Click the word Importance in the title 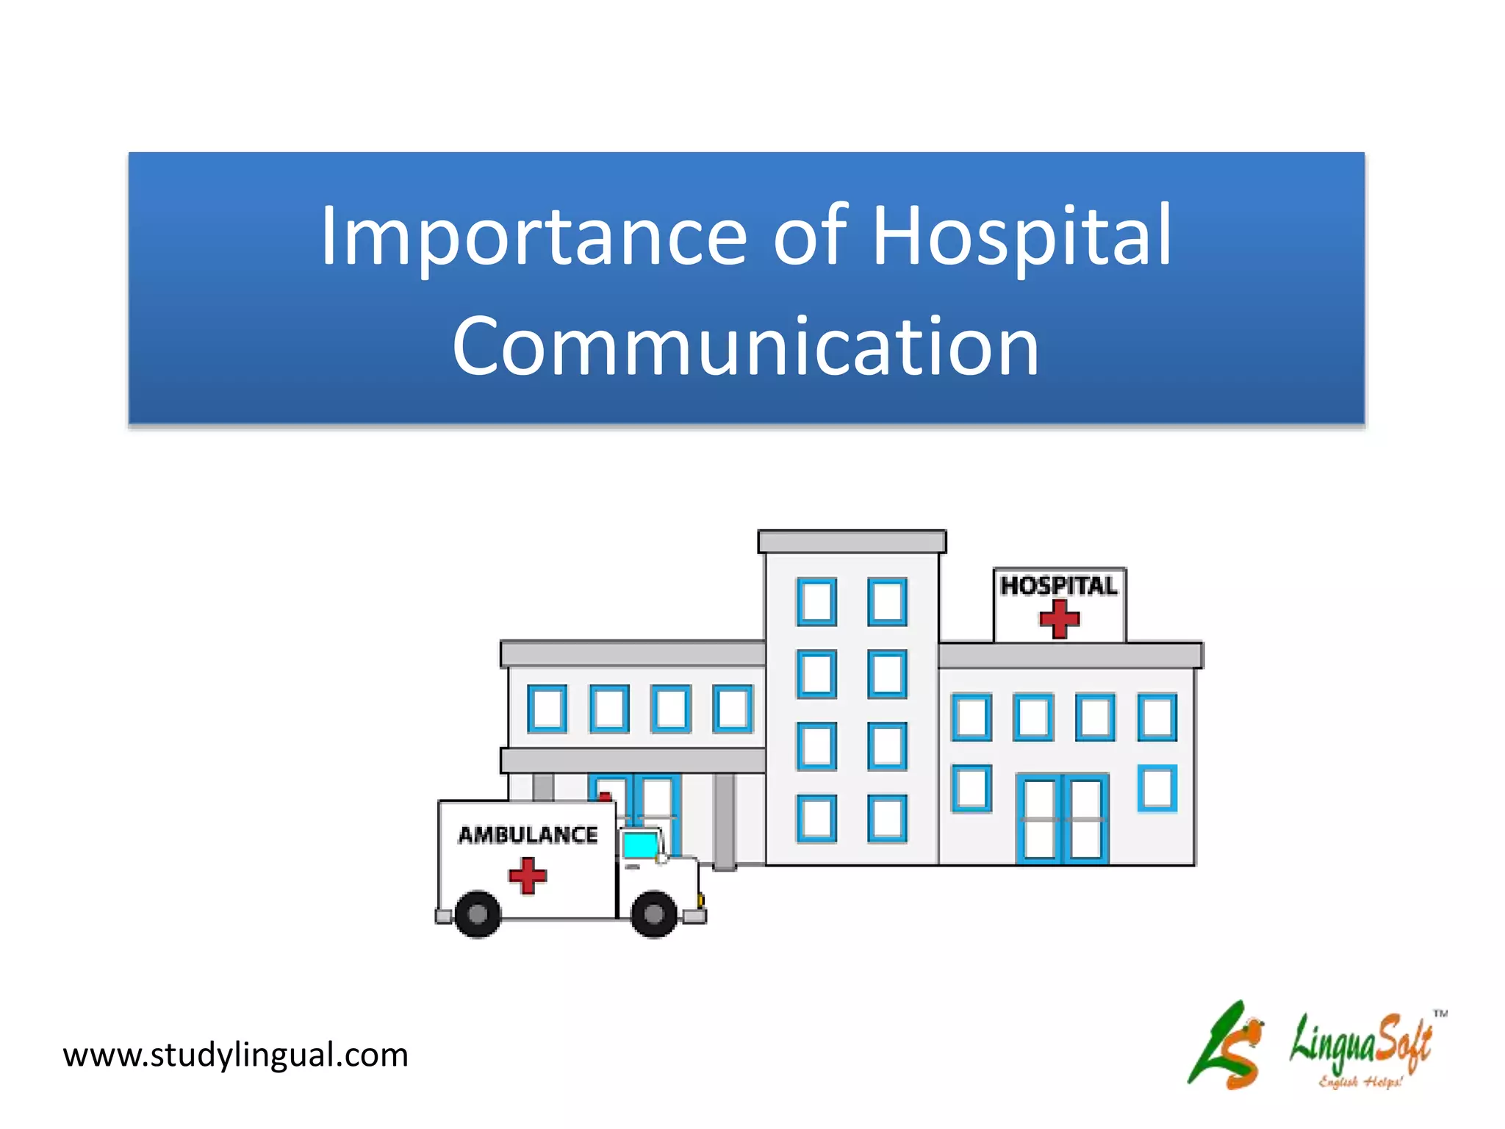(534, 237)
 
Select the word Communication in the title (746, 345)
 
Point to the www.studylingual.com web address (236, 1055)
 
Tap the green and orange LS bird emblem (1225, 1045)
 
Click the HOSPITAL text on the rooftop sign (1059, 586)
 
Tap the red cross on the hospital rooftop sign (1060, 619)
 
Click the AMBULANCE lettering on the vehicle (528, 835)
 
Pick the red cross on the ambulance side (528, 875)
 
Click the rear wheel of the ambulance (478, 914)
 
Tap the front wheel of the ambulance (653, 914)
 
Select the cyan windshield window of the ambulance (641, 845)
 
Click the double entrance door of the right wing (1063, 818)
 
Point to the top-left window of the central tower (816, 602)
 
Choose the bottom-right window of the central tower (887, 818)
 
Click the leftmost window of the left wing (547, 709)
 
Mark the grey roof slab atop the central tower (852, 542)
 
